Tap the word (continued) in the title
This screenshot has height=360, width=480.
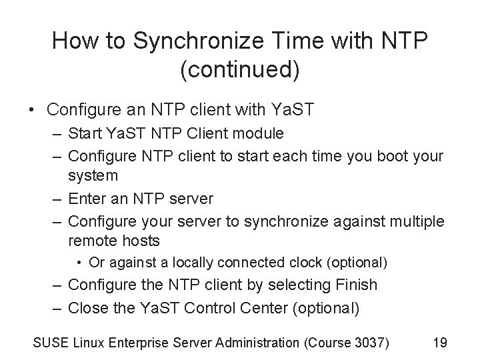[239, 70]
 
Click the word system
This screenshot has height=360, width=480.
[93, 176]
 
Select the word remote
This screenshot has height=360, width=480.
[93, 240]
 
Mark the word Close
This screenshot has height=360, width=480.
[87, 307]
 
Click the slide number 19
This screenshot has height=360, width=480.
[439, 342]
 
